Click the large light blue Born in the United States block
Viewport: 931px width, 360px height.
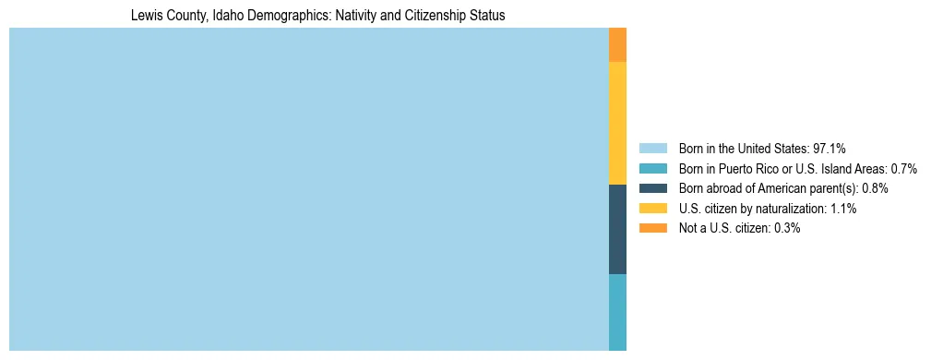[308, 189]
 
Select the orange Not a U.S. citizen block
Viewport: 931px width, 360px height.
[617, 44]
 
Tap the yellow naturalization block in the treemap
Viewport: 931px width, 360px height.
[617, 123]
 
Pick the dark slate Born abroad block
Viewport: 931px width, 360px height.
[617, 229]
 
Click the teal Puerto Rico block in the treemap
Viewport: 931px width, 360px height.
[617, 312]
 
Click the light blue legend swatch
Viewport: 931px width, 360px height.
[652, 148]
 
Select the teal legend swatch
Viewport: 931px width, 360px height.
[652, 168]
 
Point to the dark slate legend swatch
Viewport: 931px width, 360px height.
[652, 188]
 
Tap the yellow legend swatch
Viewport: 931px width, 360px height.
[652, 209]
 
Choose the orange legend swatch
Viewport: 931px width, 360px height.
[652, 228]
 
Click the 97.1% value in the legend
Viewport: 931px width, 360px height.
[830, 148]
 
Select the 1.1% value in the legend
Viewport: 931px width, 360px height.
[842, 209]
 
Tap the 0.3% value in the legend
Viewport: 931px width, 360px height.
[786, 228]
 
